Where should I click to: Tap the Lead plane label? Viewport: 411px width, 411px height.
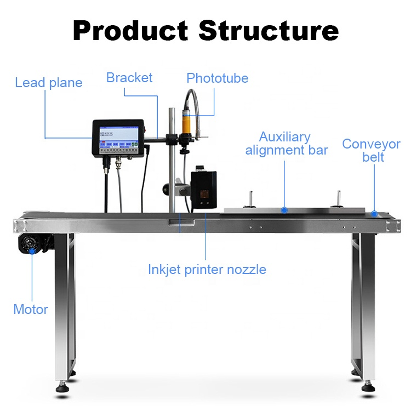[x=49, y=83]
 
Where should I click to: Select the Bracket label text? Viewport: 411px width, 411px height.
[x=129, y=77]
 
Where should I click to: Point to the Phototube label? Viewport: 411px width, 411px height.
[x=217, y=78]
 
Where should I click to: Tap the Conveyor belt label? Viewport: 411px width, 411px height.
[x=372, y=151]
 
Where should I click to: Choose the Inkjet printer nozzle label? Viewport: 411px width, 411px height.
[x=207, y=270]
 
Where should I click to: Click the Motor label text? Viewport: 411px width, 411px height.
[x=31, y=309]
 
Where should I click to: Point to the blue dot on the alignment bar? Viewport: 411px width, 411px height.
[x=284, y=210]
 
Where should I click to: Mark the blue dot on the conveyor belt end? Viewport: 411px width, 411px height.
[x=374, y=213]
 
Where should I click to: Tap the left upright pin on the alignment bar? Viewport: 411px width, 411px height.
[x=251, y=198]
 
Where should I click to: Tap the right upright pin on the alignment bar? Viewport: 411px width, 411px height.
[x=339, y=198]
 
